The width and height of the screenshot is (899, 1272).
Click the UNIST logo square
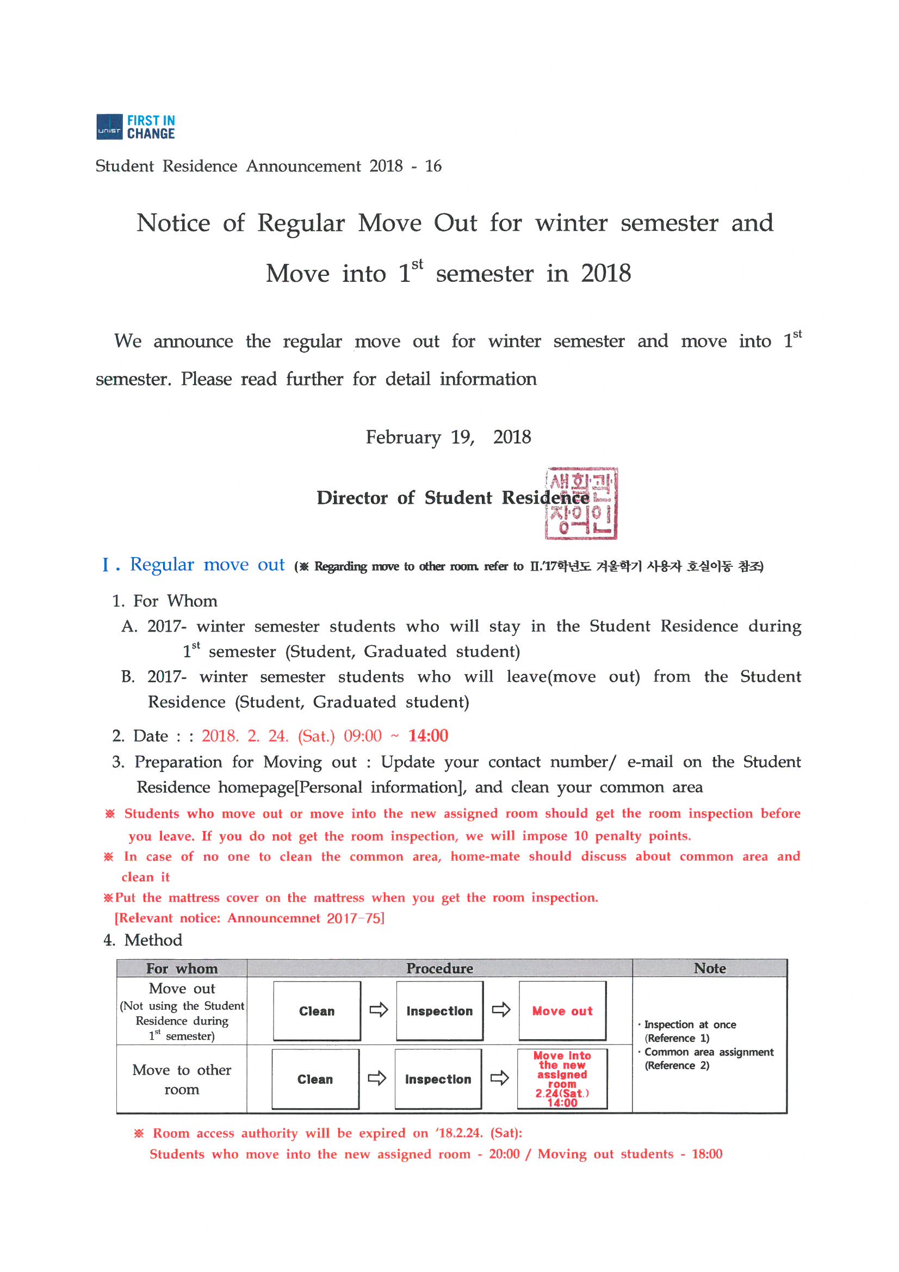coord(109,127)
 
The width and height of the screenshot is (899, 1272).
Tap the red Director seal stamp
coord(581,503)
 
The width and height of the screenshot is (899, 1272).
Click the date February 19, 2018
coord(448,437)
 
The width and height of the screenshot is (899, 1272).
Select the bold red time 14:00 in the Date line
coord(428,736)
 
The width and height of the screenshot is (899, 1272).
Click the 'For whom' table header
coord(182,968)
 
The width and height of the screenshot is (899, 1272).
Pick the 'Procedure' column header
coord(439,968)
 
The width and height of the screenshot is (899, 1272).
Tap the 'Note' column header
coord(710,968)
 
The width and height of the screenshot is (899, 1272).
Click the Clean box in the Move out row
coord(317,1011)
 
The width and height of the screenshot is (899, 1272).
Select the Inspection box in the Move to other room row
coord(438,1079)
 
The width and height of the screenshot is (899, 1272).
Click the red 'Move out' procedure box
coord(562,1011)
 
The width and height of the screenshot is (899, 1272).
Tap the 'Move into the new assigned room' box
coord(562,1079)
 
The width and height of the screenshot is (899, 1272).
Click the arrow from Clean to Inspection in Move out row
coord(379,1010)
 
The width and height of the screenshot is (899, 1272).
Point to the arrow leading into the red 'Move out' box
coord(501,1010)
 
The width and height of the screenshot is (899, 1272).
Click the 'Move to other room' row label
coord(182,1079)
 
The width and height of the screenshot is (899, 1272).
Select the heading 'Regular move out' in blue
coord(207,565)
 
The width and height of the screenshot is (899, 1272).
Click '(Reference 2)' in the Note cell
coord(677,1065)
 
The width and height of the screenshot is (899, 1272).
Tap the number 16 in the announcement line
coord(433,166)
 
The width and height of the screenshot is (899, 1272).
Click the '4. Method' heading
coord(143,940)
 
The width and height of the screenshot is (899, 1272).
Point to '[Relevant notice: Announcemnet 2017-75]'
coord(249,918)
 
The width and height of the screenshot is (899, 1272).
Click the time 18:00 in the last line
coord(707,1154)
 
